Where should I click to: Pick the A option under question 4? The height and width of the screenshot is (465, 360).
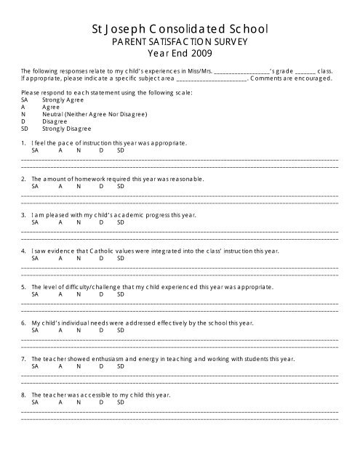[x=60, y=257]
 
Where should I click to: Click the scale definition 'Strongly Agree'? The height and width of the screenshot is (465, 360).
[x=57, y=102]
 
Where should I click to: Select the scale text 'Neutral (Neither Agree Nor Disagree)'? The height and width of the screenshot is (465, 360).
[x=94, y=115]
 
